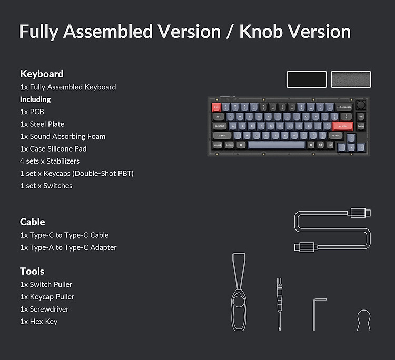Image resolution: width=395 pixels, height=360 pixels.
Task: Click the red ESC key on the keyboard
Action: pos(216,107)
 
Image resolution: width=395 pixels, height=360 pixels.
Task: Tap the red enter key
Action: pos(343,126)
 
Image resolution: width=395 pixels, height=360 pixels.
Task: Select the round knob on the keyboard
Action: pos(361,104)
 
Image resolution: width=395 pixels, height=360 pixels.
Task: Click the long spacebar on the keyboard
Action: pos(276,145)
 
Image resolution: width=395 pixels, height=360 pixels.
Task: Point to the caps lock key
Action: pos(220,126)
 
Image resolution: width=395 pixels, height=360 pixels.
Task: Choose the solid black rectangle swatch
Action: pos(307,79)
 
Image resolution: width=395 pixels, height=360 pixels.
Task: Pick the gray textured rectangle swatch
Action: pos(351,79)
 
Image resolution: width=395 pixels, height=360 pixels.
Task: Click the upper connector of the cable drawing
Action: pos(359,213)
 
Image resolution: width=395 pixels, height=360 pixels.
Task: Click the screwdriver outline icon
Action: pos(279,304)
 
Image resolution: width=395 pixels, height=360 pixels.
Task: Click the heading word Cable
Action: pos(33,222)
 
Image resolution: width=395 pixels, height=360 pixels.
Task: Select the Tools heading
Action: pos(32,271)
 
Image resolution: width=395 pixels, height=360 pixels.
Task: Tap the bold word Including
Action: pos(35,99)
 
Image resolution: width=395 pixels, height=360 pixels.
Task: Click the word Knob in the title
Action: pos(261,32)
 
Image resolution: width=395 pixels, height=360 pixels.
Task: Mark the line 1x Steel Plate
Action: pos(42,124)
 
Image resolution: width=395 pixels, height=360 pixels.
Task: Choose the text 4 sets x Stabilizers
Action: pos(50,161)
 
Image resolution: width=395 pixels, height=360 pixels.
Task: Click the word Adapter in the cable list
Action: pos(104,247)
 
